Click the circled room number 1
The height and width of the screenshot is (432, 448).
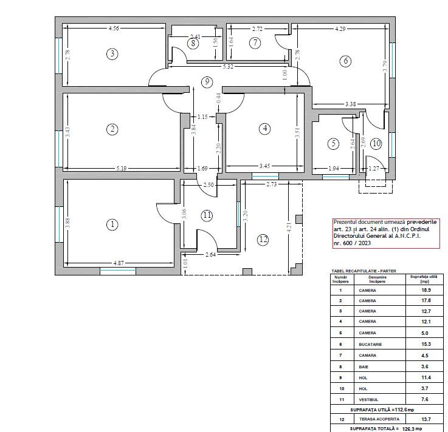click(x=112, y=224)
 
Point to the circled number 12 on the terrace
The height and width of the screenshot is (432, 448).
click(x=263, y=239)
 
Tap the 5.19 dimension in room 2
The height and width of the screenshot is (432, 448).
click(x=122, y=169)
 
